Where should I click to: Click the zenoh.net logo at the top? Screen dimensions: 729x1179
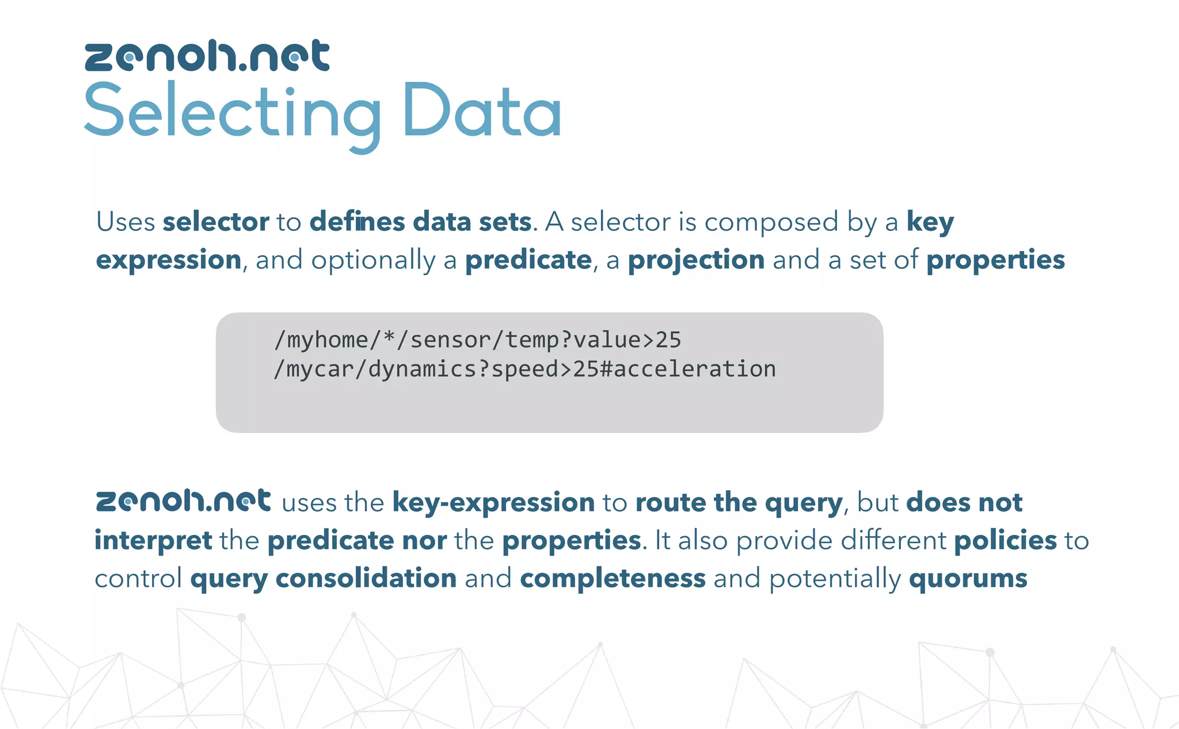pos(207,56)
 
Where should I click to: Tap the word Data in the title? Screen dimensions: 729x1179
pos(482,112)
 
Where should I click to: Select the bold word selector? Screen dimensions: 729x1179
pos(216,222)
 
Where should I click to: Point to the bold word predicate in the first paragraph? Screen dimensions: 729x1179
pos(528,260)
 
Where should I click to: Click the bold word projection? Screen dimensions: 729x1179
pos(696,260)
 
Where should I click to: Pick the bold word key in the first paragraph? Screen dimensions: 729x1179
pos(930,222)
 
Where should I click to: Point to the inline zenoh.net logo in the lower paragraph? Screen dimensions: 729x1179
pos(183,501)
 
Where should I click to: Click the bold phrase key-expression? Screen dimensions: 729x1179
pos(493,503)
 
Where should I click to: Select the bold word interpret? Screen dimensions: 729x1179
pos(153,541)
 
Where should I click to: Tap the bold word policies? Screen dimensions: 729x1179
pos(1005,541)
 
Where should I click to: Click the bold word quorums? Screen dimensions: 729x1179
pos(968,579)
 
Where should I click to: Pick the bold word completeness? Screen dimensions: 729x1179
pos(613,579)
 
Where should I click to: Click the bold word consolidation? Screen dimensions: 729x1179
pos(366,579)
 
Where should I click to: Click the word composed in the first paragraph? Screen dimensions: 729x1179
pos(771,222)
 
